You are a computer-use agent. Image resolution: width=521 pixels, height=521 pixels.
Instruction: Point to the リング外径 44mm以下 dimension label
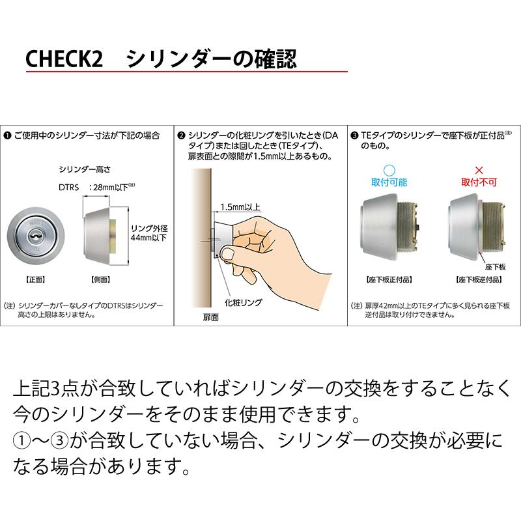pos(148,233)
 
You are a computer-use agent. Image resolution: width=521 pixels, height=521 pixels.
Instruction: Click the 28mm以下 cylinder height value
pos(115,188)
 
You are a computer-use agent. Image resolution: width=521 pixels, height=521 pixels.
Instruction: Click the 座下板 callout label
pos(495,267)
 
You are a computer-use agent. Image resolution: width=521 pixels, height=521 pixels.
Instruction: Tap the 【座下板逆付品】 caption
pos(477,279)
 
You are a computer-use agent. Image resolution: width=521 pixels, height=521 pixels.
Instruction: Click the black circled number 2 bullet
pos(181,135)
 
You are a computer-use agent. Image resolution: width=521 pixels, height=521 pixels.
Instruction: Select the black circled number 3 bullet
pos(354,135)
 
